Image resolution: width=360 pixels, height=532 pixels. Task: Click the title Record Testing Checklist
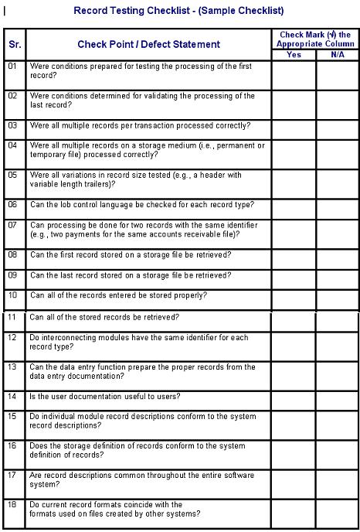[178, 11]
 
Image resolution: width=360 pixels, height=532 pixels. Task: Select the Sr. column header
[15, 44]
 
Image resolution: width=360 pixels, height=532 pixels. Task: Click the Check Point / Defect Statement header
[148, 44]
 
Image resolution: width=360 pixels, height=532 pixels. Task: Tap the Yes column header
[294, 54]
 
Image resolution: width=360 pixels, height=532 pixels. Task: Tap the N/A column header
[337, 54]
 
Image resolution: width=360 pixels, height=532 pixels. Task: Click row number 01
[12, 66]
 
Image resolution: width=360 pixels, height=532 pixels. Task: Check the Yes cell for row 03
[294, 128]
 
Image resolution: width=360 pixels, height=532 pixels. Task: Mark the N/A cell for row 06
[337, 208]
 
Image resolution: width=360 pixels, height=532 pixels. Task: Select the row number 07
[12, 225]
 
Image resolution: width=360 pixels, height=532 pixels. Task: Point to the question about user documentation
[105, 396]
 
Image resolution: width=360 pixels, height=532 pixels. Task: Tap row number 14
[12, 396]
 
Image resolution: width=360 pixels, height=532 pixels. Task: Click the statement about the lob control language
[141, 205]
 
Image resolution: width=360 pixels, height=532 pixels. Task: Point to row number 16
[12, 445]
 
